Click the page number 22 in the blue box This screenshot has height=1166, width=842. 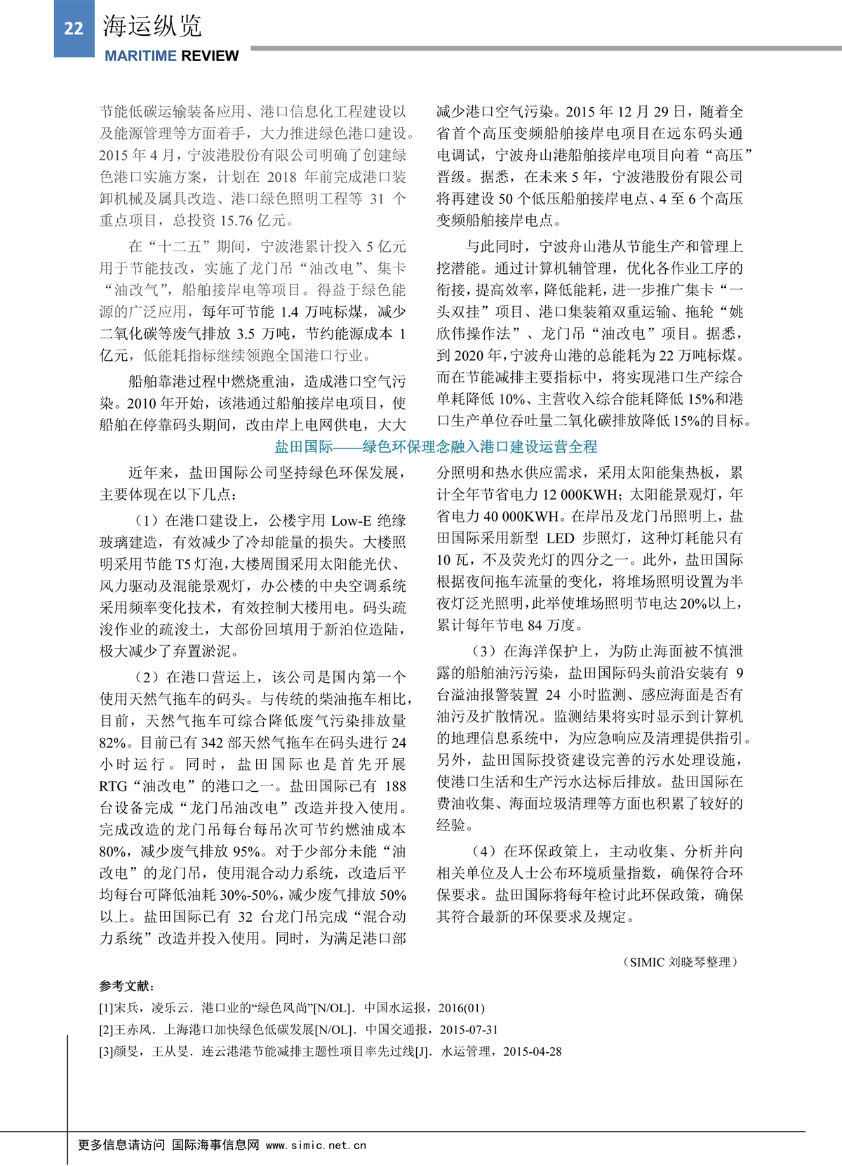(74, 28)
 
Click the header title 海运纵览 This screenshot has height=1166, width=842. (152, 27)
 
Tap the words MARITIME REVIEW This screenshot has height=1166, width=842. (172, 56)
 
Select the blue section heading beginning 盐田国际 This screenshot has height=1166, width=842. (436, 446)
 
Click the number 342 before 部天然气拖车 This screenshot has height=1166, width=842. (212, 743)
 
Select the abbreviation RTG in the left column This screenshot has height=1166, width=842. (114, 786)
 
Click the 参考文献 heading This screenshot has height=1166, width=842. (126, 986)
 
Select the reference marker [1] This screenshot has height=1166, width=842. (107, 1008)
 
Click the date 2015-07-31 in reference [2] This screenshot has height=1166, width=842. (469, 1030)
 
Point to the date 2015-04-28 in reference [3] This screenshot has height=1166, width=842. (532, 1052)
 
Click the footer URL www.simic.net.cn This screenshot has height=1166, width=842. (316, 1145)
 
